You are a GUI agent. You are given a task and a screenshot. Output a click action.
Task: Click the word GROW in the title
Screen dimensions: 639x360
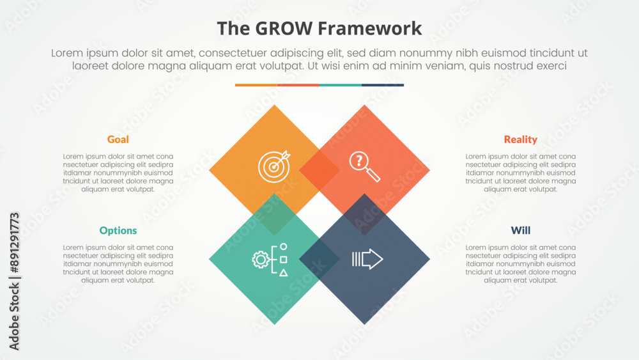click(284, 29)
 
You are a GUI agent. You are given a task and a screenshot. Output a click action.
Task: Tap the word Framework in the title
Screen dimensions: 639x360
click(369, 29)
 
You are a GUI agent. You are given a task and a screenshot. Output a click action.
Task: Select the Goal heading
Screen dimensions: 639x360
click(118, 139)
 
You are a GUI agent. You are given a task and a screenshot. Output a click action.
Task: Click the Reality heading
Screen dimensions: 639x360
click(520, 139)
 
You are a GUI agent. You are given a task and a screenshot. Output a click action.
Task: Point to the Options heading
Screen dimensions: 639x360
click(118, 231)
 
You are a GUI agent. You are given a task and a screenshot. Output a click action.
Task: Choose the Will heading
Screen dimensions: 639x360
click(520, 230)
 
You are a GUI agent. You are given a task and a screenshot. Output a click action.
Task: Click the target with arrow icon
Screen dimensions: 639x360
click(274, 166)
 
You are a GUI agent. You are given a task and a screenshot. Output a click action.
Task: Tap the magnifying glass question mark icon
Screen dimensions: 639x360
click(364, 166)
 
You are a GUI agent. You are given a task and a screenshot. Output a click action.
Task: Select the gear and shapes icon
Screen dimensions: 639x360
click(270, 260)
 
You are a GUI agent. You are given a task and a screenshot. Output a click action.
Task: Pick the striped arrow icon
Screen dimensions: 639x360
click(367, 259)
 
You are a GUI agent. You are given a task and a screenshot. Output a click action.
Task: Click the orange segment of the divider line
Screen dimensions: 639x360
click(256, 85)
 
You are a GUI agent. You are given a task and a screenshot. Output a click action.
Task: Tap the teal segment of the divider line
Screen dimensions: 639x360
click(341, 85)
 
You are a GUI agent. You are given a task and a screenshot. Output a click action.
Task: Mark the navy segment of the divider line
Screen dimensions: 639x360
click(383, 85)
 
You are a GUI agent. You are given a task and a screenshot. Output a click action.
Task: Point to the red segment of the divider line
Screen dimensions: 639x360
click(298, 85)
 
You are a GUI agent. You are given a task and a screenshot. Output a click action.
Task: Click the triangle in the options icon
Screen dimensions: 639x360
click(284, 273)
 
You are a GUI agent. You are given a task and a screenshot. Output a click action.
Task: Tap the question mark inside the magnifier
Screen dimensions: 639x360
click(358, 160)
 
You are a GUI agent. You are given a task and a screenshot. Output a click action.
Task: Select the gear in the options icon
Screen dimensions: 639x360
click(261, 260)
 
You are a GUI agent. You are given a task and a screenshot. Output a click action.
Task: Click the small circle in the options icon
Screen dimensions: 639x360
click(284, 247)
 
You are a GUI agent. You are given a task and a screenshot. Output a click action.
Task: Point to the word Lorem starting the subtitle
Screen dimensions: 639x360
click(68, 53)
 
